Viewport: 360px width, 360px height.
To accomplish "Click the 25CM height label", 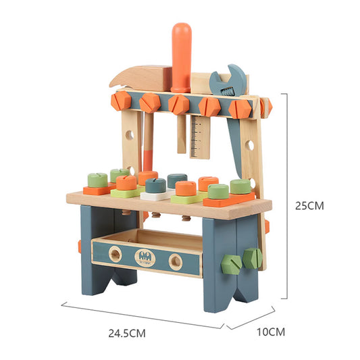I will [311, 206].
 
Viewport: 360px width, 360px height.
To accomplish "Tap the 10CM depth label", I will [272, 332].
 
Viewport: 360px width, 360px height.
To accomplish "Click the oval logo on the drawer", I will [145, 257].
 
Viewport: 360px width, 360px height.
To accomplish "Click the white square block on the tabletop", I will [155, 195].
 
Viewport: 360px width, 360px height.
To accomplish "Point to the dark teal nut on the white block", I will [156, 185].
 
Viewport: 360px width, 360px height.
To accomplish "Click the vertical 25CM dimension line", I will [290, 196].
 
